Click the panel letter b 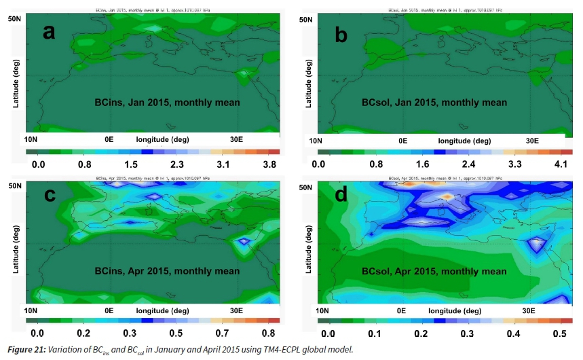click(341, 32)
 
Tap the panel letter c click(48, 196)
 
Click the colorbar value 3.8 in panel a click(270, 164)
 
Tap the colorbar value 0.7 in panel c click(221, 334)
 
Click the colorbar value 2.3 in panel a click(177, 164)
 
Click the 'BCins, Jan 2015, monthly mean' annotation click(167, 103)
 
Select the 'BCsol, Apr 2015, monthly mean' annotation click(434, 272)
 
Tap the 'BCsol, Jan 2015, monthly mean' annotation click(434, 103)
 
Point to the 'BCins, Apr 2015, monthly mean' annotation click(167, 272)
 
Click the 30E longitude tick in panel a click(236, 139)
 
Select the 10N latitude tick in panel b click(315, 141)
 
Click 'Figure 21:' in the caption click(26, 350)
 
